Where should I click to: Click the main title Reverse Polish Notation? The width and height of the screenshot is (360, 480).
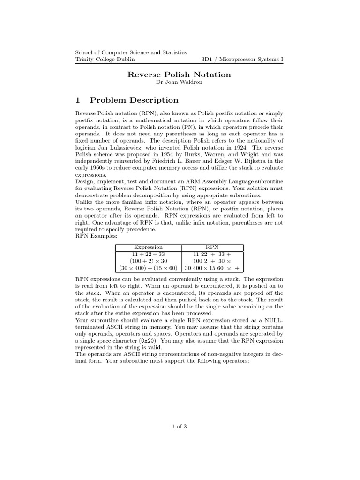[x=180, y=75]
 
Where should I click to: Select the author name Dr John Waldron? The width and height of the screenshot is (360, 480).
[x=180, y=83]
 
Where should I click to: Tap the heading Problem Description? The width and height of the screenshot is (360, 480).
[x=134, y=100]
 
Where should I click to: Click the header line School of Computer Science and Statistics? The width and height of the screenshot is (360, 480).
[x=131, y=53]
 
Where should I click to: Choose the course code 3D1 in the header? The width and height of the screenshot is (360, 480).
[x=208, y=60]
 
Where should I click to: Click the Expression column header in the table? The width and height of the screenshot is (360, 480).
[x=148, y=247]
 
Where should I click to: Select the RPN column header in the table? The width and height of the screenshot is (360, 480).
[x=212, y=247]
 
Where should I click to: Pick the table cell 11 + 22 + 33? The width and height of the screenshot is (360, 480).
[x=148, y=254]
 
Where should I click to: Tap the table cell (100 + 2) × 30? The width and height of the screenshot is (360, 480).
[x=148, y=261]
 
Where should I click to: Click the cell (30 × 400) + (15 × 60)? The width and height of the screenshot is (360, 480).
[x=148, y=268]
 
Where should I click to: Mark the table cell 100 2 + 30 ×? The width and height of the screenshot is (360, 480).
[x=212, y=261]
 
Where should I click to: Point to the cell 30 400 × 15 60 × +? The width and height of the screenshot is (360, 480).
[x=212, y=268]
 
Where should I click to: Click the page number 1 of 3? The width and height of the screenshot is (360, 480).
[x=180, y=426]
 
